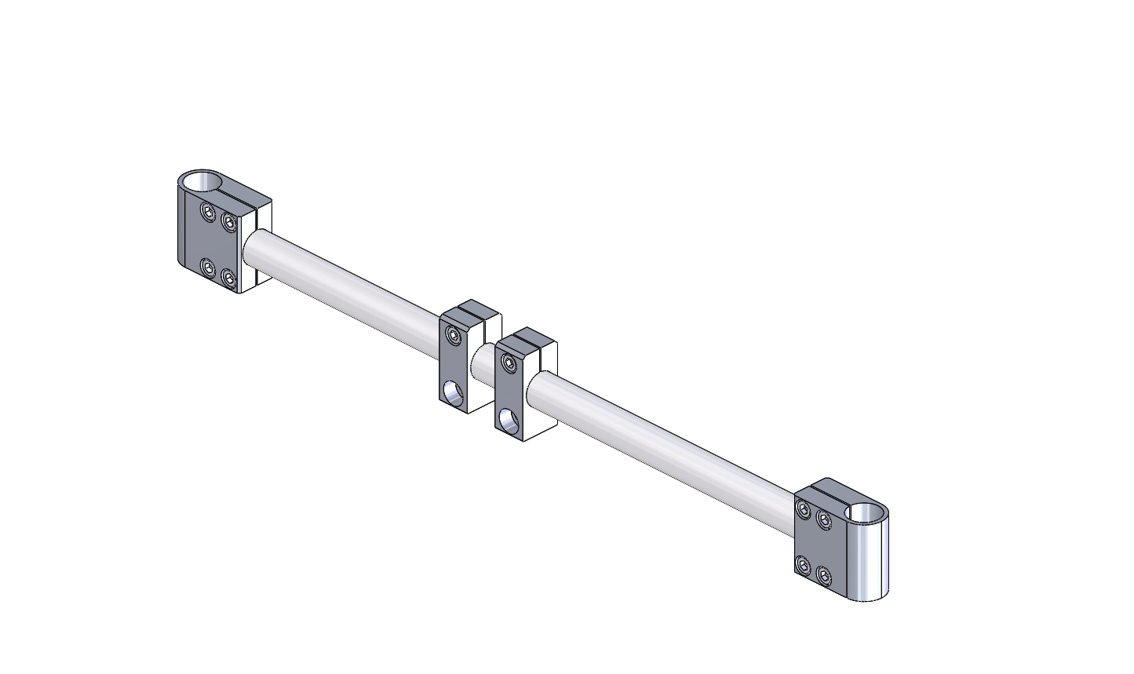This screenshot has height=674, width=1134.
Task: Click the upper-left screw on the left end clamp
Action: click(208, 212)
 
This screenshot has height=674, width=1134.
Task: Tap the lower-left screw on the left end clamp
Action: click(208, 268)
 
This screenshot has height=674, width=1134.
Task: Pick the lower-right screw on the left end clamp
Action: click(228, 279)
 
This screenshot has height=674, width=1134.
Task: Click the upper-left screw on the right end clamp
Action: click(803, 508)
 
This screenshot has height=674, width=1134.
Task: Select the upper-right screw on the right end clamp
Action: click(823, 519)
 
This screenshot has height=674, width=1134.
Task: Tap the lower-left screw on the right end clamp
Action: click(803, 564)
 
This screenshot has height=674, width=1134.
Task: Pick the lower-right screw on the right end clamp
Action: click(823, 575)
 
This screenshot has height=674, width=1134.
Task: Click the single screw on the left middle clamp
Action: click(454, 336)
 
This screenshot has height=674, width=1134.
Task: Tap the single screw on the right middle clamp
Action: click(510, 363)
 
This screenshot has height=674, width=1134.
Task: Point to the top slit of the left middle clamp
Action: click(472, 310)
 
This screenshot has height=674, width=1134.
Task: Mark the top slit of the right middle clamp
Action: click(527, 339)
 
